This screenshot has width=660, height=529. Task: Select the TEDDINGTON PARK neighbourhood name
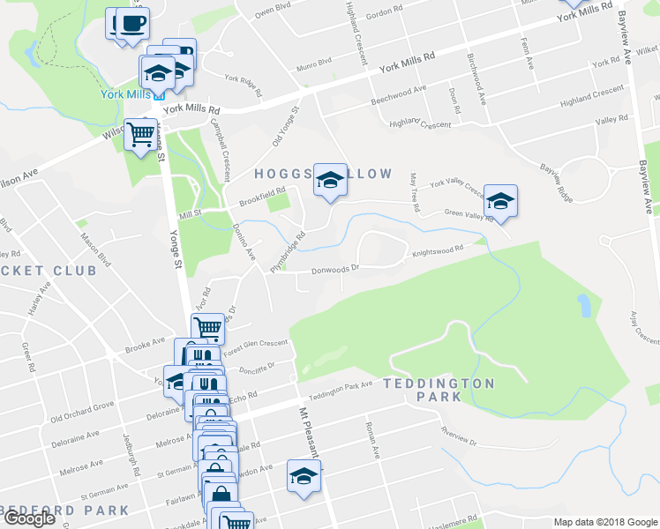[x=439, y=390]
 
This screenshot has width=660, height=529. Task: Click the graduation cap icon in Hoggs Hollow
[x=330, y=183]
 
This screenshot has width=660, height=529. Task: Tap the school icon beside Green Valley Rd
[x=500, y=202]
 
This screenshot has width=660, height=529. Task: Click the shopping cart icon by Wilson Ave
[x=140, y=135]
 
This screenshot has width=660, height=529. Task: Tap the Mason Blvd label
[x=97, y=250]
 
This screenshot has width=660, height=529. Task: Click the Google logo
[x=30, y=518]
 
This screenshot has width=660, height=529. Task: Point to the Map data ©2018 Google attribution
[x=604, y=522]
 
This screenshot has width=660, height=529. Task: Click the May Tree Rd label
[x=414, y=191]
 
